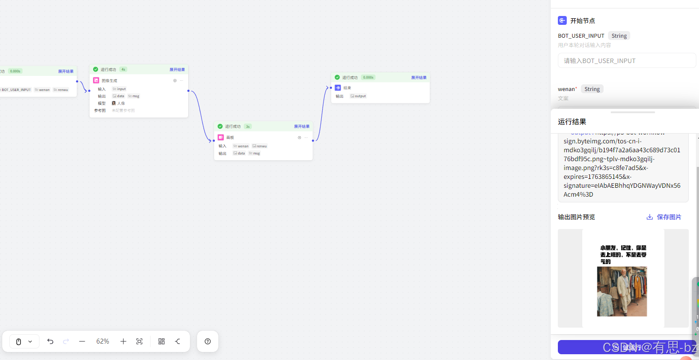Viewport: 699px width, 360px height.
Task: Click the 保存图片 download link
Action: tap(664, 217)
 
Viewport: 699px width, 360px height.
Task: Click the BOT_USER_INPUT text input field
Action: tap(627, 61)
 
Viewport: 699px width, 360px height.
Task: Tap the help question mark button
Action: tap(208, 341)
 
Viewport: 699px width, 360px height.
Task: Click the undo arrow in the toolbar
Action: tap(50, 341)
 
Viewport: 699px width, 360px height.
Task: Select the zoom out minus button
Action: tap(82, 341)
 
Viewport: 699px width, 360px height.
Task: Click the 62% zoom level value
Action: tap(103, 341)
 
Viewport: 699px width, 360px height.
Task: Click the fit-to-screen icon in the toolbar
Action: tap(139, 341)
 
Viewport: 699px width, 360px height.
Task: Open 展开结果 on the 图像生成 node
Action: tap(177, 70)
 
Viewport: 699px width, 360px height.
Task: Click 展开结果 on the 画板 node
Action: tap(302, 127)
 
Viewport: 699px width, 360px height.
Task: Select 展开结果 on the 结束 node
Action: tap(419, 78)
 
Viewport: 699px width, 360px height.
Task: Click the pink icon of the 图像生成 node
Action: tap(96, 80)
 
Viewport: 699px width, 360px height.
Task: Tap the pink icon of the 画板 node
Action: tap(221, 138)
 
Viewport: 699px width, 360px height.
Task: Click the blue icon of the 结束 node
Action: tap(338, 88)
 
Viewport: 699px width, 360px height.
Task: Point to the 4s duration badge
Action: tap(123, 70)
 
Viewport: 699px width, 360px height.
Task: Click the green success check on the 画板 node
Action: tap(220, 127)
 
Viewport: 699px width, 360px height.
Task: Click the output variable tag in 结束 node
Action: tap(359, 96)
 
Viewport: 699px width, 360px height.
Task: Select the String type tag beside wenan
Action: tap(592, 89)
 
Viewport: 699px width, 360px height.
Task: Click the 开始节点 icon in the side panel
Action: tap(562, 20)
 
